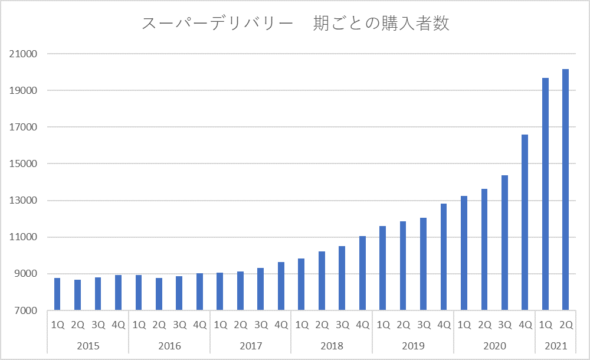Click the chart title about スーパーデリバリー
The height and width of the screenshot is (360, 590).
click(296, 24)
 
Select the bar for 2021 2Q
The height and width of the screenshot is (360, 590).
click(566, 189)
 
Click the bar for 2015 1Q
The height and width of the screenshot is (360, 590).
click(57, 294)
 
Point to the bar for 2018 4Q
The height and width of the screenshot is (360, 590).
click(363, 273)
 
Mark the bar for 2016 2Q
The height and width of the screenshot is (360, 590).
click(159, 294)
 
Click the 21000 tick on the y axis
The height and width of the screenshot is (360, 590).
click(24, 54)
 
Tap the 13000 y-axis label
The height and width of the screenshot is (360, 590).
click(24, 201)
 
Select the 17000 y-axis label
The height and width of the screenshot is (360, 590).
click(24, 127)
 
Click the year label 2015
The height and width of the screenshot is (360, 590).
click(88, 345)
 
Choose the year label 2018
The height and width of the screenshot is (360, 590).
click(332, 345)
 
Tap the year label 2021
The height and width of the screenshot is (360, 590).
click(556, 345)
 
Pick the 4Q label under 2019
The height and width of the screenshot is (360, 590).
click(444, 325)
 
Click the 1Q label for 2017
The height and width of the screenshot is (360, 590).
click(220, 325)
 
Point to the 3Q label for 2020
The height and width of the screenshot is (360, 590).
click(505, 325)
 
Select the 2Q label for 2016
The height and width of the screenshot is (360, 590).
click(159, 325)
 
